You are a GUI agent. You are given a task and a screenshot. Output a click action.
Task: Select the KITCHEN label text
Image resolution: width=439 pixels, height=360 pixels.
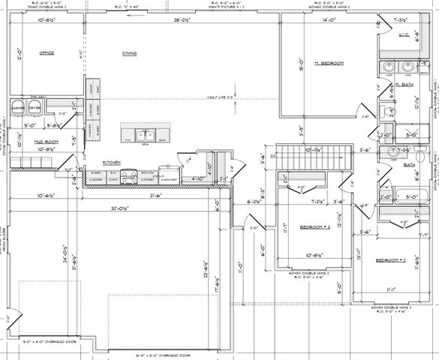point(112,162)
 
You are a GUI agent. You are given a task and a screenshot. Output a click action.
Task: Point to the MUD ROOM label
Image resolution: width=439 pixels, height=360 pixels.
point(26,140)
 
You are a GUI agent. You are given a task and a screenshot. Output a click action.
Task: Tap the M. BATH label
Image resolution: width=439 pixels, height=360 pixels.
point(404,86)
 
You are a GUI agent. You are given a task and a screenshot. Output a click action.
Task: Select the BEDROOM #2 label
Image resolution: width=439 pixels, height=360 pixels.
point(390,259)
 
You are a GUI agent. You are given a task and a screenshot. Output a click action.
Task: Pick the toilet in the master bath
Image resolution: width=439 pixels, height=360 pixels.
point(384,112)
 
